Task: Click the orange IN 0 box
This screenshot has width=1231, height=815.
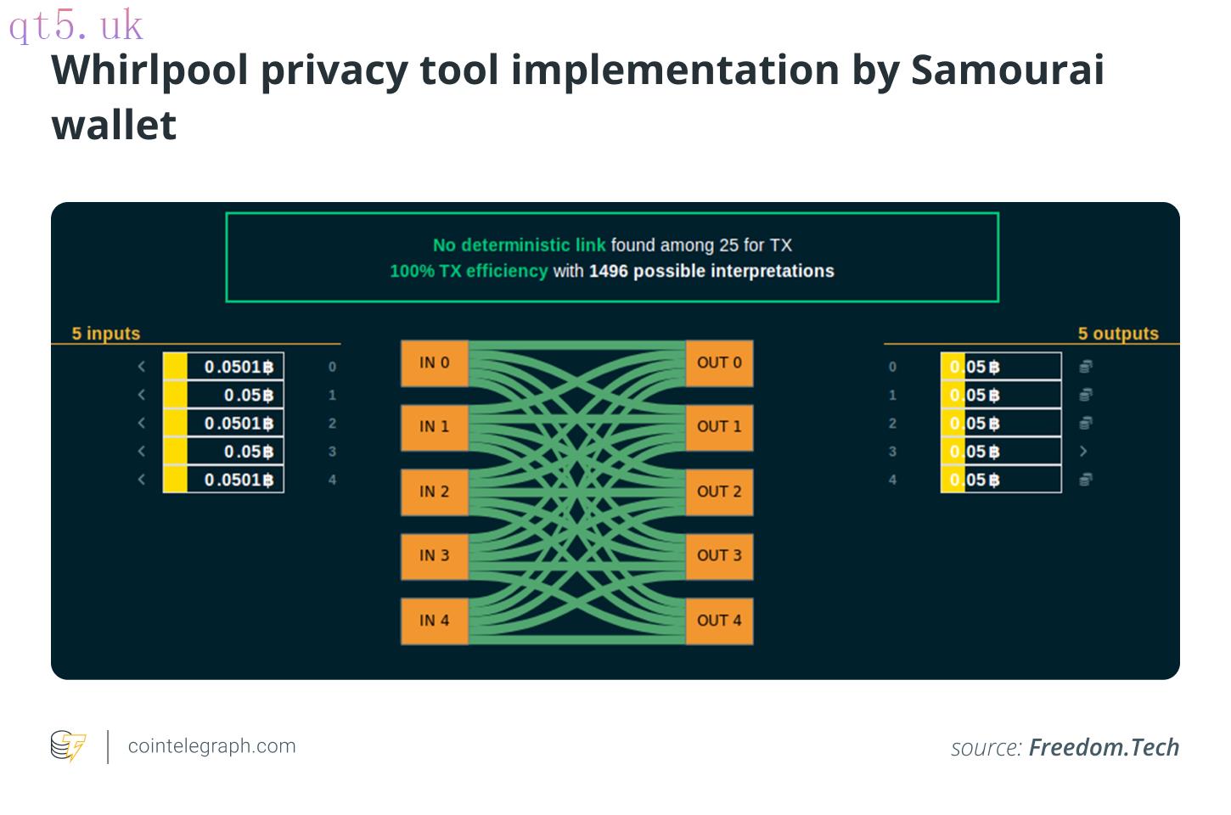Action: pos(434,363)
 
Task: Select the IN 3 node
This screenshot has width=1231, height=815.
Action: pos(434,555)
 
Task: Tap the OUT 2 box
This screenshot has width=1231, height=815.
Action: pos(719,492)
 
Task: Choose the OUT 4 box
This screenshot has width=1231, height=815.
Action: pos(719,621)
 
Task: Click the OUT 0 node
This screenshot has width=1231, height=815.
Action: pos(719,363)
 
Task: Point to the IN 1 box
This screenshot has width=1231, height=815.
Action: pos(434,427)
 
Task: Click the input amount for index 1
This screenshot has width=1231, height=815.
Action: pos(249,395)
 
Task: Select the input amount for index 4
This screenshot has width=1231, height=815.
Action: pos(239,480)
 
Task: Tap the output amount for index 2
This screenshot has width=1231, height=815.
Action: pos(975,423)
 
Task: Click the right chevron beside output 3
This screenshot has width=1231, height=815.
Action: pos(1083,451)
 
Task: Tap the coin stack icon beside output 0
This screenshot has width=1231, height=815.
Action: pos(1085,366)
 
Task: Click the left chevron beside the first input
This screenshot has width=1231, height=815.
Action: pos(142,367)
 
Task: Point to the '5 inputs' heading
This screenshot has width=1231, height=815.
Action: pos(106,333)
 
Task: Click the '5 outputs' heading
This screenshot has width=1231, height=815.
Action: pos(1118,333)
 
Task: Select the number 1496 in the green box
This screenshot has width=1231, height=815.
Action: pos(609,271)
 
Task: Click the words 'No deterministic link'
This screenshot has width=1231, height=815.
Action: pos(520,245)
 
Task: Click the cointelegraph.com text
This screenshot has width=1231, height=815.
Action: pos(212,746)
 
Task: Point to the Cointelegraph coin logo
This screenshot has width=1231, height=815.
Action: pos(68,745)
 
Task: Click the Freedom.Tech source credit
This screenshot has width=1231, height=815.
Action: pos(1104,747)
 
